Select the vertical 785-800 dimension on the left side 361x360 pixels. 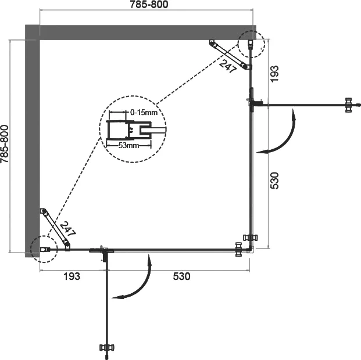[x=6, y=145]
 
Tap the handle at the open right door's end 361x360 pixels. [x=348, y=105]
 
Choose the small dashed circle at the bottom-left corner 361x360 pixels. [x=44, y=249]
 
